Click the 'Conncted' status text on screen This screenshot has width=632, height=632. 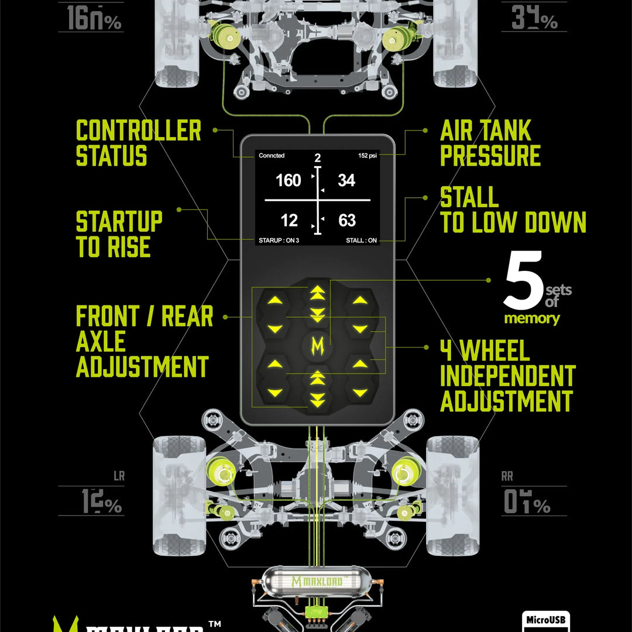coord(272,156)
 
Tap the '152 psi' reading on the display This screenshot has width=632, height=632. coord(369,156)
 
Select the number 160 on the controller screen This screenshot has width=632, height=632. coord(288,181)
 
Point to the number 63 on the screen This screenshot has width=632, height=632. coord(347,221)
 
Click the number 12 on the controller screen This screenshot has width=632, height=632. coord(289,221)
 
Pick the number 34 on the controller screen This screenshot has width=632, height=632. coord(346,181)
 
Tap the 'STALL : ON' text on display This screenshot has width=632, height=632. coord(361,241)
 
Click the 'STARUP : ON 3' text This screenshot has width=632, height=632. coord(279,241)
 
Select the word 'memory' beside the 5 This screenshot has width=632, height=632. coord(532,319)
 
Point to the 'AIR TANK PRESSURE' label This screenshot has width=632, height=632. coord(490,143)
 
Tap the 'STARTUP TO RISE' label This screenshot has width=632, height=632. coord(119,235)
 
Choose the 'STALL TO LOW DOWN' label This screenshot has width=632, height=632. coord(513,210)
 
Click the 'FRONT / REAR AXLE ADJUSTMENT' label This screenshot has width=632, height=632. coord(144,342)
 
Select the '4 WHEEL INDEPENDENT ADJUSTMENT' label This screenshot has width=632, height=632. coord(507,376)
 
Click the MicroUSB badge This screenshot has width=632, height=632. coord(545,620)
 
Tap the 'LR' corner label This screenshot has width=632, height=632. coord(119,476)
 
